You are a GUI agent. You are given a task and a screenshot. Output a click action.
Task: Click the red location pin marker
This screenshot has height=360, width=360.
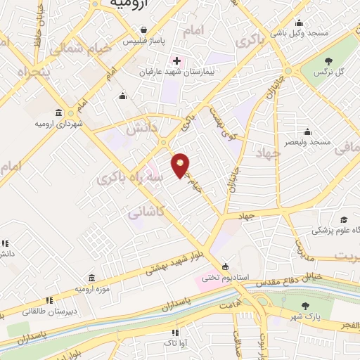[181, 166]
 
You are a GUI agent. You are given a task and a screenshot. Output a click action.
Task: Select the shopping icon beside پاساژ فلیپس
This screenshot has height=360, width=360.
[143, 30]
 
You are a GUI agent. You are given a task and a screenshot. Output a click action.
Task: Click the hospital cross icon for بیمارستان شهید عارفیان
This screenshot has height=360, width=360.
[176, 60]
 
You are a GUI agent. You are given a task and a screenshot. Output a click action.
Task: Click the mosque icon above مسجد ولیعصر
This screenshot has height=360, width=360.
[307, 131]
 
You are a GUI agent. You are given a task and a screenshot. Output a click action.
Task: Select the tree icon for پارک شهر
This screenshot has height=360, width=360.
[305, 306]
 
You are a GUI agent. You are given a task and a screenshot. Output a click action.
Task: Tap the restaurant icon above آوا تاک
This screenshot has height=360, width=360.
[174, 332]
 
